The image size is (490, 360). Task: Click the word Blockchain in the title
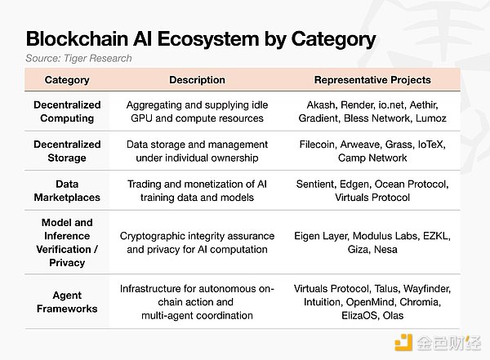pos(78,39)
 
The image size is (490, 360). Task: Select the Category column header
pos(67,80)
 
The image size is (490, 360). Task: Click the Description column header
pos(197,80)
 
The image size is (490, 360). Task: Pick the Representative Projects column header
pos(372,80)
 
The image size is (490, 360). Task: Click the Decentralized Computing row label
pos(67,112)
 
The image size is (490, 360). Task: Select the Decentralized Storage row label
pos(67,151)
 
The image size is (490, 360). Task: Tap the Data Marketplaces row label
pos(67,191)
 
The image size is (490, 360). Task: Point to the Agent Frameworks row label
pos(67,302)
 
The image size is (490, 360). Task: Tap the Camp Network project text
pos(372,158)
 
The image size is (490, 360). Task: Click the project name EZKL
pos(437,236)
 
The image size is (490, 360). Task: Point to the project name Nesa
pos(385,249)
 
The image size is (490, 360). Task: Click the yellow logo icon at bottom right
pos(403,343)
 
